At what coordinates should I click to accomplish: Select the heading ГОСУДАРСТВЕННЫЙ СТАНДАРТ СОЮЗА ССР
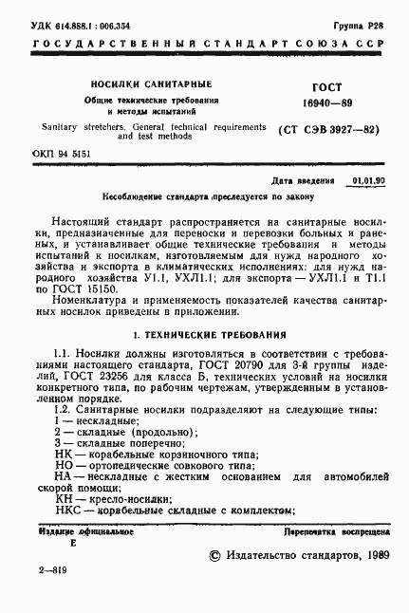[x=204, y=46]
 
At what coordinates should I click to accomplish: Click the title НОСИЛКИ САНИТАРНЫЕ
[x=150, y=84]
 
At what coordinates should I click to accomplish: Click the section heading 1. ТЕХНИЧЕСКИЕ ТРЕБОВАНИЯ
[x=204, y=335]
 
